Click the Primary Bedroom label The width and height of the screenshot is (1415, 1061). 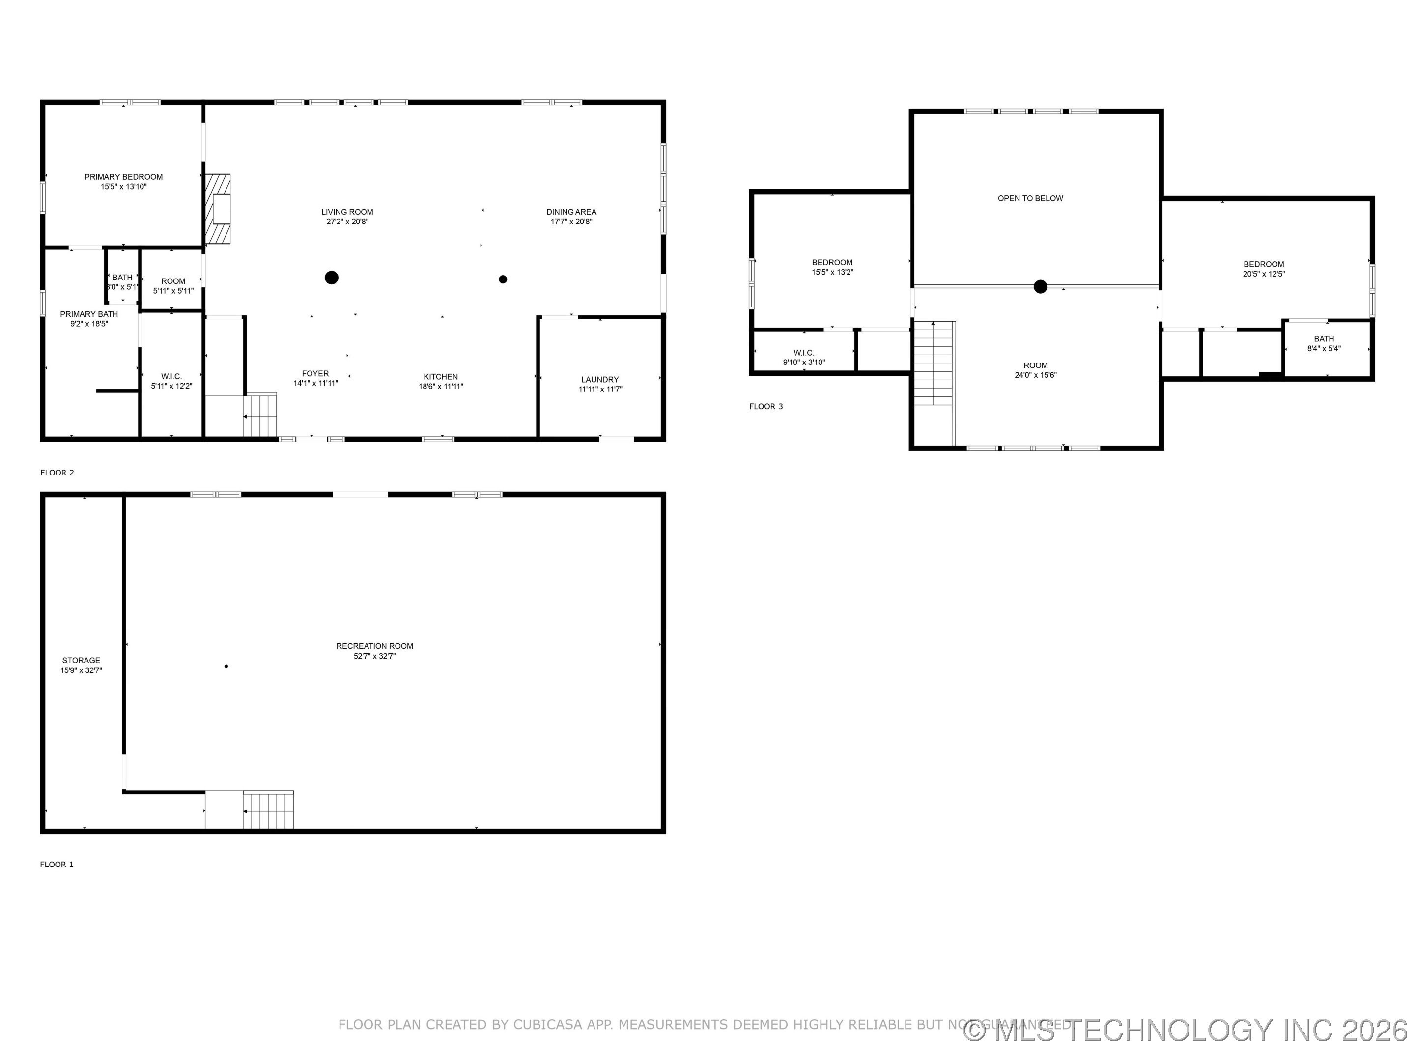click(123, 177)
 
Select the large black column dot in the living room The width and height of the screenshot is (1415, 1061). click(331, 278)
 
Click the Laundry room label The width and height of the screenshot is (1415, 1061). click(599, 379)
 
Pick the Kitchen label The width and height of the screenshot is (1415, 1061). click(441, 377)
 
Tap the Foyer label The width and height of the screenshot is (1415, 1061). click(315, 373)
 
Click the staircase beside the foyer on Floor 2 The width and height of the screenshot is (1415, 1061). click(261, 415)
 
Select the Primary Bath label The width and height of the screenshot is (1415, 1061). click(89, 314)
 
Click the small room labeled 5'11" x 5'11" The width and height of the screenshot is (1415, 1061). click(173, 285)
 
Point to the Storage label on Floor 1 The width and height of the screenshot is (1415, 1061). click(81, 660)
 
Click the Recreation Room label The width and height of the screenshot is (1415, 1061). click(375, 646)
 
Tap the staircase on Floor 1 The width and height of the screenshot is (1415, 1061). click(268, 810)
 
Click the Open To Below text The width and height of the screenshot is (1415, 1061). click(1030, 198)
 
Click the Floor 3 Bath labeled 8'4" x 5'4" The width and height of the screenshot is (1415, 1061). click(1324, 343)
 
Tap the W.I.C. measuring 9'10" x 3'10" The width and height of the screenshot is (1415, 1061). click(803, 358)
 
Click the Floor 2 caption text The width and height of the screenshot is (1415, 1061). click(57, 473)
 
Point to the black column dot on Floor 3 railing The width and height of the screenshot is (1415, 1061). click(1040, 286)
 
